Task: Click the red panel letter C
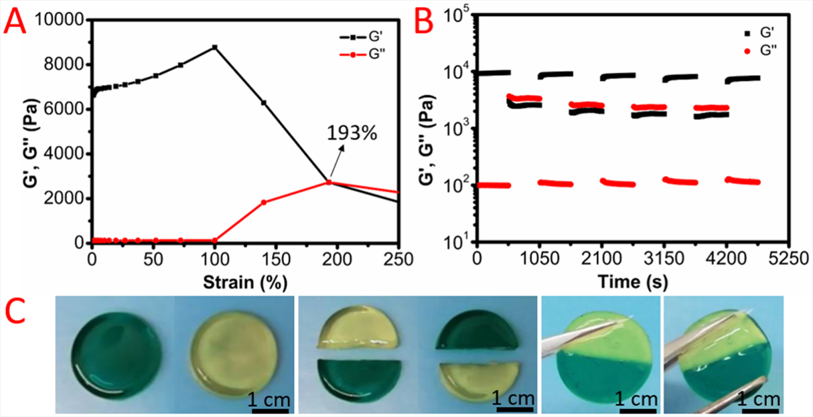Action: pos(17,309)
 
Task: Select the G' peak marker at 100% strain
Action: pos(214,47)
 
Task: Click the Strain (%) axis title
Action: pos(246,282)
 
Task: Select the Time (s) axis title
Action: pos(630,282)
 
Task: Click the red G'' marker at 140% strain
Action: pos(264,202)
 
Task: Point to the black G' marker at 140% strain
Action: pos(264,102)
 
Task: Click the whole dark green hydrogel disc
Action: pos(119,352)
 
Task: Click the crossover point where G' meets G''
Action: pos(329,182)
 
